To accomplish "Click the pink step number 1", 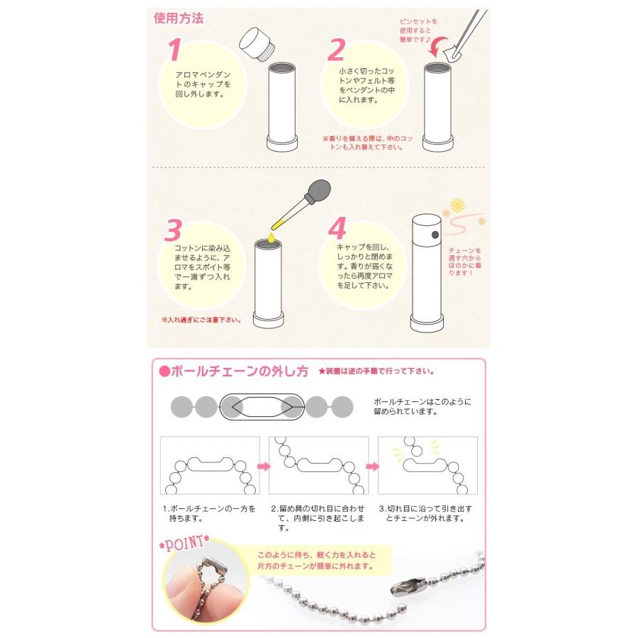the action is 175,50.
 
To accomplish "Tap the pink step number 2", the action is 337,50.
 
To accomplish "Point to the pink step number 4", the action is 337,228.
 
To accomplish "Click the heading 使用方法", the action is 178,18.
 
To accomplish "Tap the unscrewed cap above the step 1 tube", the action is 257,45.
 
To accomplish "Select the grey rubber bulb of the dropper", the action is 320,190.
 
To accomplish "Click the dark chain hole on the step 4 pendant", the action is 435,235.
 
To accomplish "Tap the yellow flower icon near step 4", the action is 457,205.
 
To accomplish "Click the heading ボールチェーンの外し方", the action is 234,371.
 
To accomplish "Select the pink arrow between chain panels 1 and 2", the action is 264,466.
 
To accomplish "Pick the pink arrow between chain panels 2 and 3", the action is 373,466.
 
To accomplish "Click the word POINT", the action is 184,543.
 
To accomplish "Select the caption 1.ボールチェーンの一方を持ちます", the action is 208,513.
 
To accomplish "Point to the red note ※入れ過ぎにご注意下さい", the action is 202,320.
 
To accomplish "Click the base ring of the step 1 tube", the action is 282,144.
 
